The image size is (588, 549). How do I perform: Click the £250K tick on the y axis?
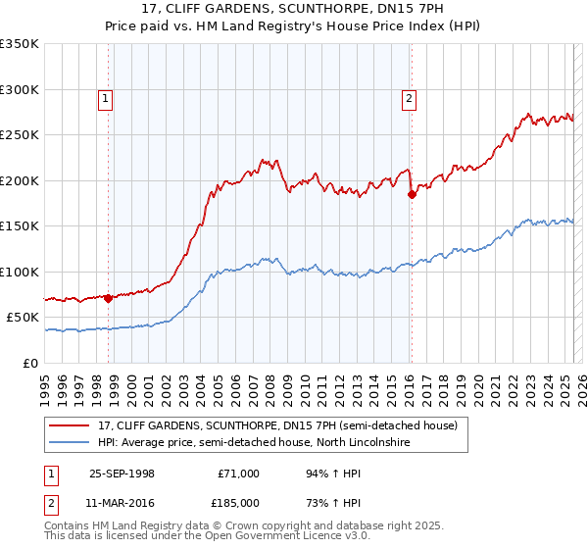point(20,135)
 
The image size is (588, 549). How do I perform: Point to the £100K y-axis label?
point(20,272)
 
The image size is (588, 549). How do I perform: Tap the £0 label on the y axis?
point(31,363)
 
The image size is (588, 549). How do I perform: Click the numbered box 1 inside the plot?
point(105,97)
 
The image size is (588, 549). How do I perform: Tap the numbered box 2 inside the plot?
point(408,97)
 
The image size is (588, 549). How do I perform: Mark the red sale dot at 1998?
point(108,299)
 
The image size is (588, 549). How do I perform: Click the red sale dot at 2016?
point(412,194)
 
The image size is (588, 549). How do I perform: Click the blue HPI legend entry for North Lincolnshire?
point(253,443)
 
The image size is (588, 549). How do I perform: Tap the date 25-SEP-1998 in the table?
point(122,474)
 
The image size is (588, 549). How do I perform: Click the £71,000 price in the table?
point(239,474)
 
